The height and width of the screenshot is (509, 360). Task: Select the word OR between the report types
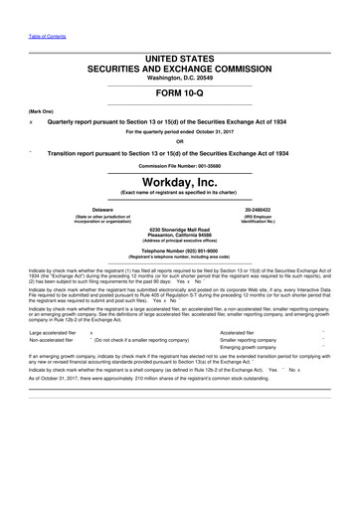coord(180,139)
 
